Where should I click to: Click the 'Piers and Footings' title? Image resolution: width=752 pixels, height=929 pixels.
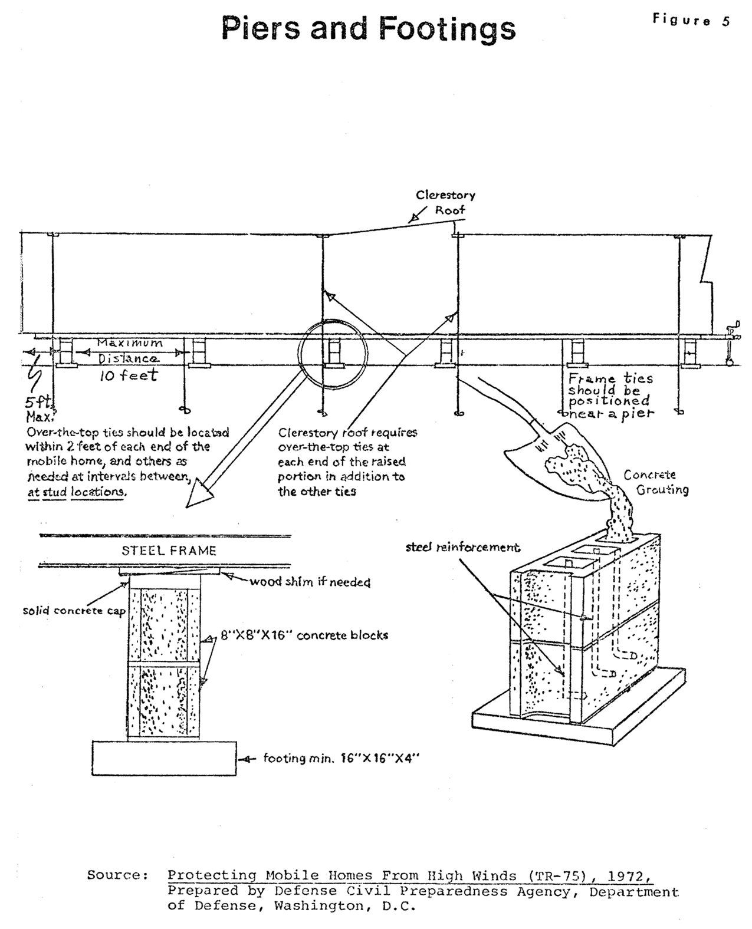tap(369, 29)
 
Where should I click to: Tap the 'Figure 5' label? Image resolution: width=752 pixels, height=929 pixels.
tap(691, 21)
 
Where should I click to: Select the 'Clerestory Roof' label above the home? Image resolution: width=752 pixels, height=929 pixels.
tap(445, 202)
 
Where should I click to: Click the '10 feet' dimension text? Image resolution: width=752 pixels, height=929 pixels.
tap(129, 375)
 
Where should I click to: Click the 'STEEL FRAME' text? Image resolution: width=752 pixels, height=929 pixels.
tap(169, 551)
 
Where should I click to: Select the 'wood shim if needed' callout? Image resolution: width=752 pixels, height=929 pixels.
tap(310, 582)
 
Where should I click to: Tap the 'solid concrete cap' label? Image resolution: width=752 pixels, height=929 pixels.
tap(74, 611)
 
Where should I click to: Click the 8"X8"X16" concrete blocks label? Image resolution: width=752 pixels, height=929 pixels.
tap(304, 635)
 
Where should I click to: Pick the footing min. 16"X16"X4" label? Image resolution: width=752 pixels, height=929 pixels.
tap(341, 758)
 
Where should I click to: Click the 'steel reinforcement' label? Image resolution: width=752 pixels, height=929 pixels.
tap(462, 547)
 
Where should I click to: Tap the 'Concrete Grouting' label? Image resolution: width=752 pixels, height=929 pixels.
tap(655, 482)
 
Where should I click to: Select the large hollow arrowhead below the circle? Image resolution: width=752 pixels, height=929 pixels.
tap(199, 493)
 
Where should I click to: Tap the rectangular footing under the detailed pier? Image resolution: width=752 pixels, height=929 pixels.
tap(164, 759)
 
